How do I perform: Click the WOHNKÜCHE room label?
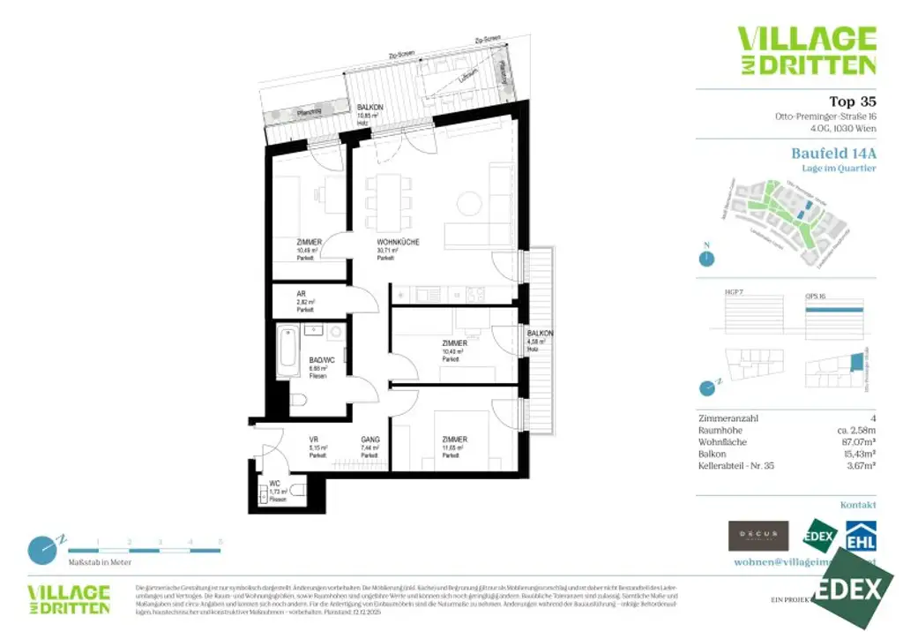pyautogui.click(x=398, y=242)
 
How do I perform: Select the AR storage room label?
pyautogui.click(x=301, y=294)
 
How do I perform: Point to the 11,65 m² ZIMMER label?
pyautogui.click(x=454, y=440)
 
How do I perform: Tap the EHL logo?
pyautogui.click(x=861, y=536)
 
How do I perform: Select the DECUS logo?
pyautogui.click(x=757, y=535)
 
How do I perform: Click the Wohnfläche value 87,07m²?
pyautogui.click(x=854, y=442)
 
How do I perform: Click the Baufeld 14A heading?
pyautogui.click(x=833, y=153)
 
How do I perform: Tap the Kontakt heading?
pyautogui.click(x=857, y=505)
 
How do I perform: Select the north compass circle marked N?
pyautogui.click(x=705, y=259)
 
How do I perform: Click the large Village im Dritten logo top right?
pyautogui.click(x=806, y=50)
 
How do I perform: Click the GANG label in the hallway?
pyautogui.click(x=370, y=440)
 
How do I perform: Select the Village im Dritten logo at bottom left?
pyautogui.click(x=69, y=598)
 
